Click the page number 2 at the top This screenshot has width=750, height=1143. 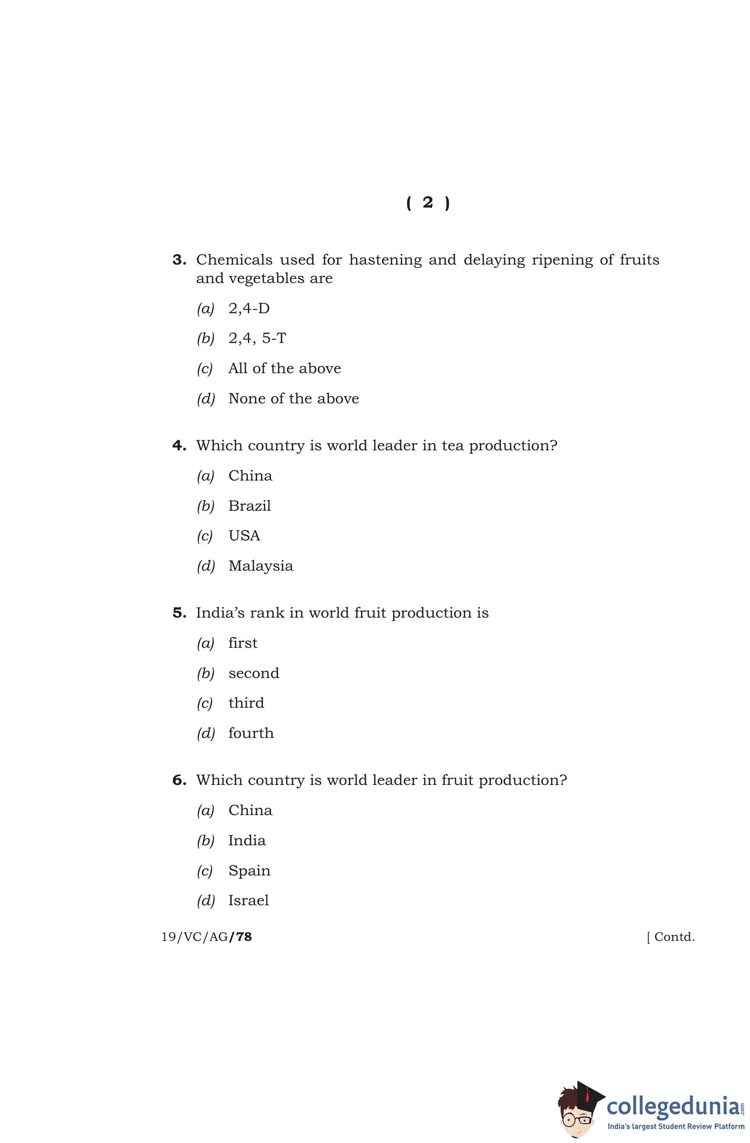(x=427, y=203)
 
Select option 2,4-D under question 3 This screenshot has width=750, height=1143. (x=249, y=309)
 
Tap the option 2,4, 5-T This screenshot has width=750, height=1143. (x=257, y=338)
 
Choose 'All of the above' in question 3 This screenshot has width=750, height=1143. (x=284, y=369)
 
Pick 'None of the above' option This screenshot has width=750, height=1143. (x=294, y=399)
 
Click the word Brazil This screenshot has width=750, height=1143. (x=249, y=506)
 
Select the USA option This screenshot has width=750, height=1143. (x=244, y=535)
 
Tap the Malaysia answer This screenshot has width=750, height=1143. (x=260, y=566)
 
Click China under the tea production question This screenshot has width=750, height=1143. (x=250, y=476)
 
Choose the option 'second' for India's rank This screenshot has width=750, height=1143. (x=254, y=673)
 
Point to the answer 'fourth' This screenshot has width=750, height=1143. (x=251, y=733)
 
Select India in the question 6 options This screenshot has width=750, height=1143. (x=247, y=840)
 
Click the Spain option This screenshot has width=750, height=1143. (x=249, y=871)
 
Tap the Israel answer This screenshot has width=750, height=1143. (x=248, y=901)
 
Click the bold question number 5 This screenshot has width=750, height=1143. (x=179, y=613)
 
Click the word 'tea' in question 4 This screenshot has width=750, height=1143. (x=452, y=446)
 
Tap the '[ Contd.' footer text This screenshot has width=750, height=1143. (x=671, y=937)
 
